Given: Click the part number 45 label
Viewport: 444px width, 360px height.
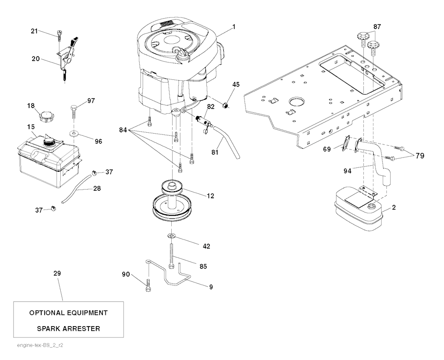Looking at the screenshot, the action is tap(236, 85).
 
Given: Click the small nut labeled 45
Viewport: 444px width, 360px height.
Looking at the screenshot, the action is tap(225, 106).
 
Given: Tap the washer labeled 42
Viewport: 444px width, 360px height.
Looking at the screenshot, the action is tap(171, 236).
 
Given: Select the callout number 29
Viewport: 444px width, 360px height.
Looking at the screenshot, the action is tap(57, 273).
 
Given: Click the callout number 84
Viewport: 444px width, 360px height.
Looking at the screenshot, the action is tap(123, 130).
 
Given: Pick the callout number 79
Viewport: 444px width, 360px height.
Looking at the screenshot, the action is tap(420, 156).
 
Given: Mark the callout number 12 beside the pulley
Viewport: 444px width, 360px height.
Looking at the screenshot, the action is tap(210, 196).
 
